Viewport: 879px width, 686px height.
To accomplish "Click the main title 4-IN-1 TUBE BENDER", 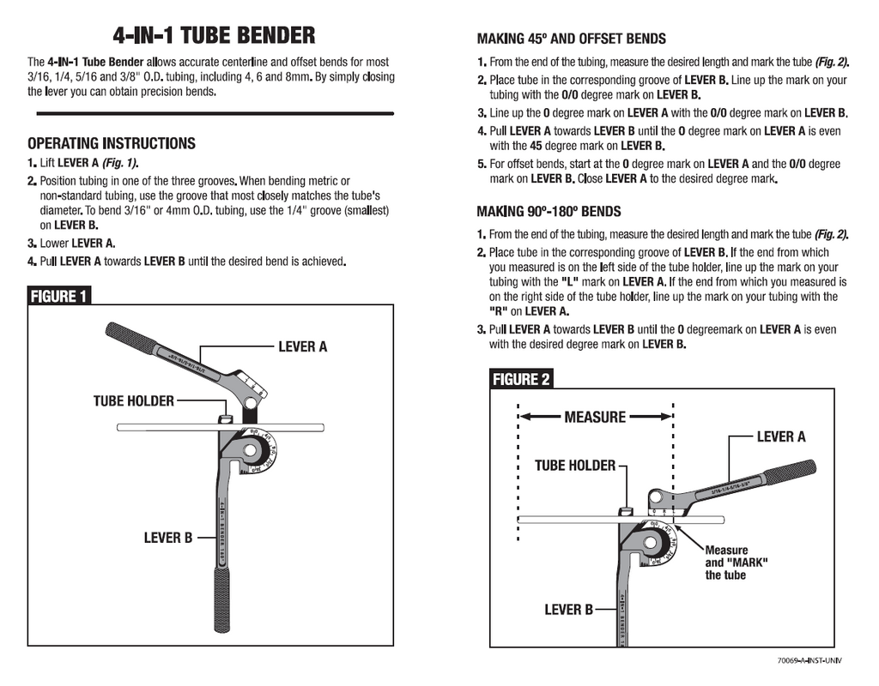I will click(x=214, y=36).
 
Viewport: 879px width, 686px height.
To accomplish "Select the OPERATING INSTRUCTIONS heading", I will click(x=112, y=143).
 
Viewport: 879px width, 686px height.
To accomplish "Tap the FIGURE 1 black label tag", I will click(x=59, y=296).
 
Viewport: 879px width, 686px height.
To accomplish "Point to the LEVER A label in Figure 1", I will click(x=302, y=346).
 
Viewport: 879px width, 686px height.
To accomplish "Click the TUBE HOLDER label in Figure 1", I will click(x=133, y=400).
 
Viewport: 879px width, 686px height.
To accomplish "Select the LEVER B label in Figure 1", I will click(x=167, y=538).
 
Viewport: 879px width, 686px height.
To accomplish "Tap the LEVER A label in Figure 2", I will click(x=780, y=436).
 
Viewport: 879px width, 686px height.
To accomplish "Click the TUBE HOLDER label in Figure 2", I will click(x=575, y=465).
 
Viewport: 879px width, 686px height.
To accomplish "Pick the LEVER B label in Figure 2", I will click(x=568, y=609).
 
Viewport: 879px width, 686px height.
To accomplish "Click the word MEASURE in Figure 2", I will click(x=595, y=417).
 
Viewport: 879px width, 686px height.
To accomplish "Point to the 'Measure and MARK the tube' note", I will click(x=736, y=563).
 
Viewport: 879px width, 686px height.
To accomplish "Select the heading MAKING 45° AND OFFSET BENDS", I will click(x=571, y=39).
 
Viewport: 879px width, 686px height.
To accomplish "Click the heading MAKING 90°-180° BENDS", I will click(x=549, y=211).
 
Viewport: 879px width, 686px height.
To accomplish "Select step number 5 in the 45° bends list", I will click(x=482, y=164).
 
